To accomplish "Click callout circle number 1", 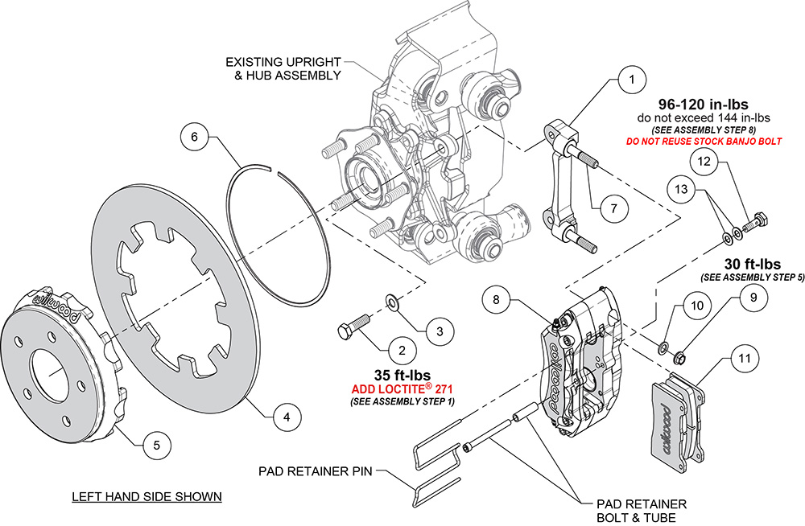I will pos(632,80).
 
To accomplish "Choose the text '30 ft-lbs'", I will pos(751,264).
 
